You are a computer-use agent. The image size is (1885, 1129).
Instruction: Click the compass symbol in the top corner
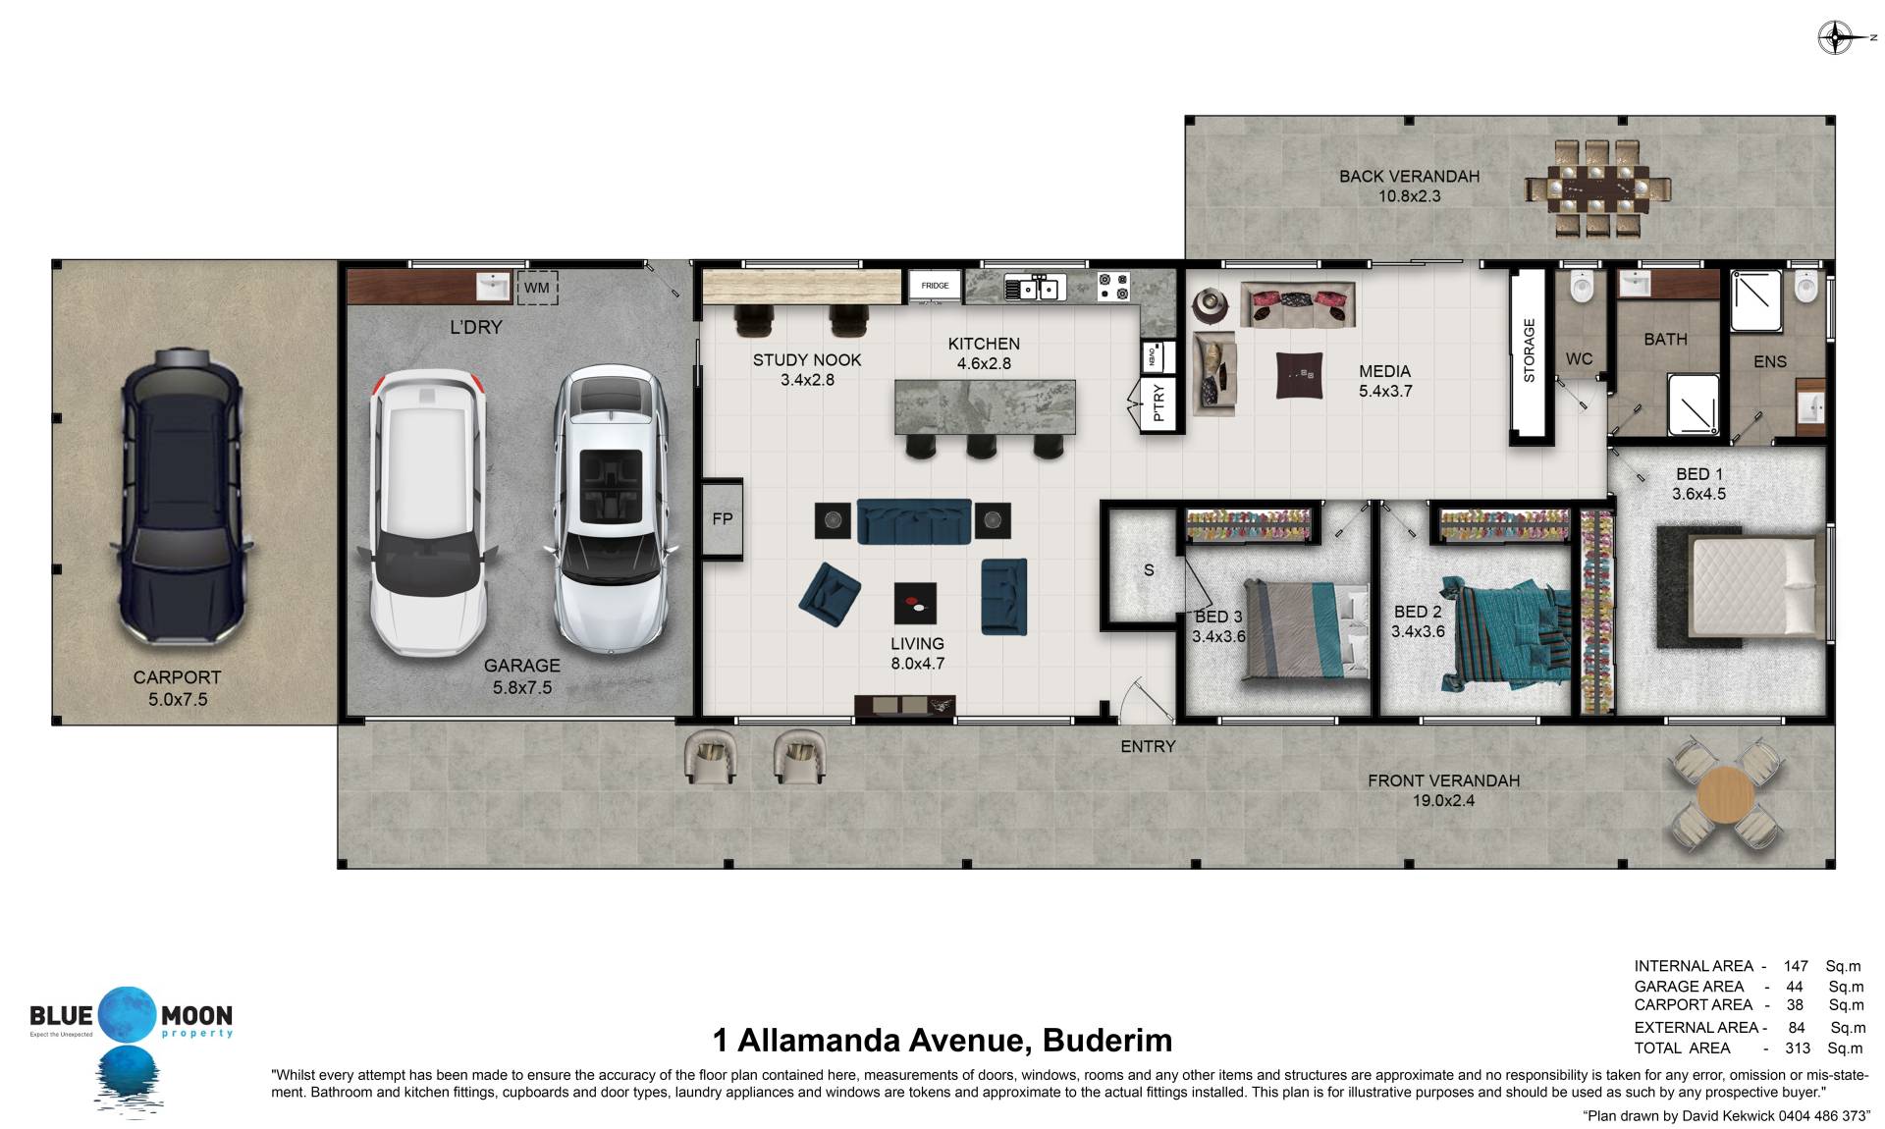coord(1834,38)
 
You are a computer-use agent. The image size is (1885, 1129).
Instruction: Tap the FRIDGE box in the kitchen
coord(935,286)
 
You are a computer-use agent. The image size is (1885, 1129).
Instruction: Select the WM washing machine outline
coord(536,288)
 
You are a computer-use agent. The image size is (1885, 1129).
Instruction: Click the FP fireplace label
coord(723,519)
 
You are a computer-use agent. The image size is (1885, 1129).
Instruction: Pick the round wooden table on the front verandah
coord(1725,794)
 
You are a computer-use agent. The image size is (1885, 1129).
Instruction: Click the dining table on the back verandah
coord(1597,188)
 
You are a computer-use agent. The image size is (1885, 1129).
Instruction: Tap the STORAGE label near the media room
coord(1529,350)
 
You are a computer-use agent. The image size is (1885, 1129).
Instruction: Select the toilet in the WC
coord(1581,286)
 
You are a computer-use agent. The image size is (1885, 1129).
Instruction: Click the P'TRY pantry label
coord(1158,403)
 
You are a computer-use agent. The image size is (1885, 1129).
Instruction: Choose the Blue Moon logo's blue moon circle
coord(127,1015)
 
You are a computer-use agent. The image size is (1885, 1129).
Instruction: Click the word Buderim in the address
coord(1107,1039)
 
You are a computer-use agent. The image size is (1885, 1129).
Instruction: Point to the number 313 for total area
coord(1798,1048)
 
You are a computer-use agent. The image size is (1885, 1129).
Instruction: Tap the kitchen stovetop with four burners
coord(1113,286)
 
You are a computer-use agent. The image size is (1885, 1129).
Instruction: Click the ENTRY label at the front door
coord(1148,746)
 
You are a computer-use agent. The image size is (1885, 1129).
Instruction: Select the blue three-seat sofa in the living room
coord(914,520)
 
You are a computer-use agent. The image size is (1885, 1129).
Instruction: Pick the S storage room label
coord(1149,570)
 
